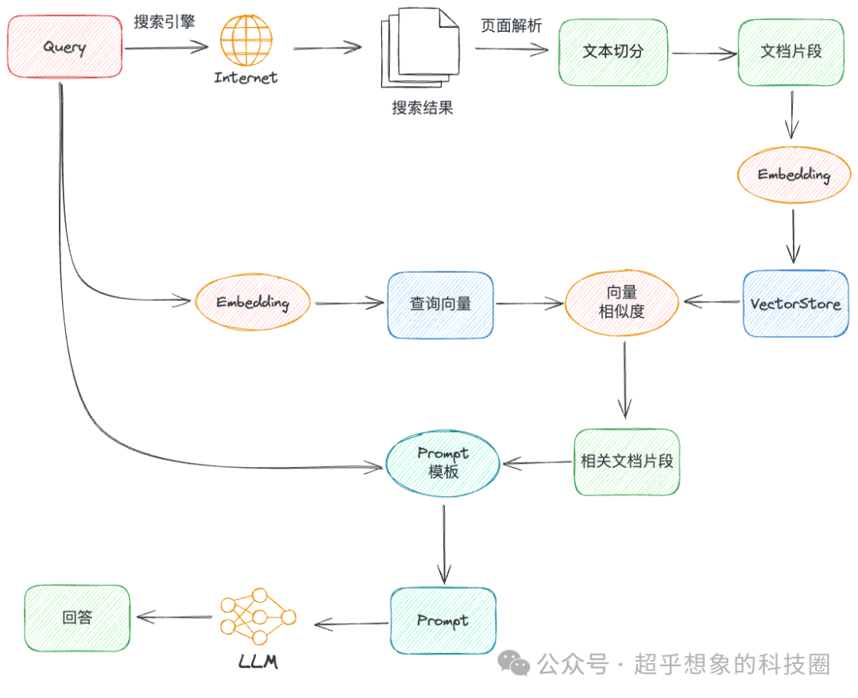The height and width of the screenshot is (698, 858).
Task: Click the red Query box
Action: pyautogui.click(x=64, y=48)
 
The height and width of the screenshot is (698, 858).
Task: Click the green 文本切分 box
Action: pyautogui.click(x=613, y=52)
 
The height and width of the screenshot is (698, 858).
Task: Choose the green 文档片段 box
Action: pyautogui.click(x=790, y=52)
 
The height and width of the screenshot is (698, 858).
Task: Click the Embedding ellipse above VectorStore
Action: pyautogui.click(x=794, y=175)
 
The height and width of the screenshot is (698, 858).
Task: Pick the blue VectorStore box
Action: pyautogui.click(x=795, y=304)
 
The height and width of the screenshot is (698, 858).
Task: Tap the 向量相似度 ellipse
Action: pyautogui.click(x=622, y=303)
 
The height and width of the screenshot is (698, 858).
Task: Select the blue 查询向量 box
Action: pyautogui.click(x=440, y=304)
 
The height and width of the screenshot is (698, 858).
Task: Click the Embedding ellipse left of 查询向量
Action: pyautogui.click(x=253, y=303)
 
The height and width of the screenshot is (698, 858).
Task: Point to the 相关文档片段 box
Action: pyautogui.click(x=627, y=461)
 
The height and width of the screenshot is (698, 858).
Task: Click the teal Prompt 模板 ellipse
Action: pyautogui.click(x=443, y=463)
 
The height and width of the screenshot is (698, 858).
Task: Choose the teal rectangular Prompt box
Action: pyautogui.click(x=443, y=621)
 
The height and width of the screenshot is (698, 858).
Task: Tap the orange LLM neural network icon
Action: pyautogui.click(x=257, y=617)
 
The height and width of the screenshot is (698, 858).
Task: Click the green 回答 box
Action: pyautogui.click(x=77, y=618)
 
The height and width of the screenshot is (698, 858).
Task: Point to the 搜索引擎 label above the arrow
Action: pyautogui.click(x=164, y=22)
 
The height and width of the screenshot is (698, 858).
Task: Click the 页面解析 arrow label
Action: pyautogui.click(x=512, y=25)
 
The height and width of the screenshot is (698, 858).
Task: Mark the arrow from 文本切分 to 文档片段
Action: pyautogui.click(x=704, y=54)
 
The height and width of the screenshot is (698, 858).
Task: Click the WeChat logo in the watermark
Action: pyautogui.click(x=513, y=664)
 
